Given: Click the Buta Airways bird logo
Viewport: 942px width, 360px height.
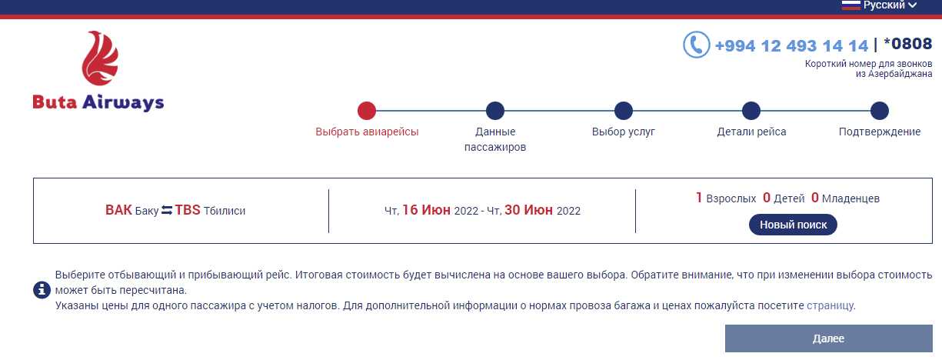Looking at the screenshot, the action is coord(100,58).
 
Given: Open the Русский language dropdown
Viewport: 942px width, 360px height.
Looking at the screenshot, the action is coord(879,5).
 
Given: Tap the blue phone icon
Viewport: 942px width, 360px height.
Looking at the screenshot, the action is coord(697,45).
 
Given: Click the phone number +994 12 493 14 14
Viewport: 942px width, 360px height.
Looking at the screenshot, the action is coord(791,45).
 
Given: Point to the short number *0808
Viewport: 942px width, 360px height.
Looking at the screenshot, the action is coord(908,44).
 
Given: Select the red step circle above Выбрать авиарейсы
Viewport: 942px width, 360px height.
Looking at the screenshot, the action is coord(367,111).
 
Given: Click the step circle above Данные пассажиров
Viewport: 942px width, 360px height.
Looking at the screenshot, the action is coord(495,111).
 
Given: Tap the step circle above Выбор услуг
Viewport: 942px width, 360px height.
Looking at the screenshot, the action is coord(623,111).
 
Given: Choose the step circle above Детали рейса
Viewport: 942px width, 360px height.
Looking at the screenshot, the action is coord(751,111).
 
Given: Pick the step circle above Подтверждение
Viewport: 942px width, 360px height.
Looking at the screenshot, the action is coord(880,111).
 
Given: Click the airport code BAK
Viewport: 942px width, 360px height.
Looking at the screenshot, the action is coord(118,210).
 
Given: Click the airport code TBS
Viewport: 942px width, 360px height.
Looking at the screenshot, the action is coord(188,210).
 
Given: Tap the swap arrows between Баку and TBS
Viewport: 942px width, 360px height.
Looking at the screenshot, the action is coord(167,210).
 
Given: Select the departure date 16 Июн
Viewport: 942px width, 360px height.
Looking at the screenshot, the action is coord(426,210).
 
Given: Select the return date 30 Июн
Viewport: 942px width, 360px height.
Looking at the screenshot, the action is coord(528,210).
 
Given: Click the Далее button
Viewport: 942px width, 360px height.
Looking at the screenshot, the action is coord(828,338).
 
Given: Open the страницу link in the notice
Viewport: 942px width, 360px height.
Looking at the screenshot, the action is coord(830,305).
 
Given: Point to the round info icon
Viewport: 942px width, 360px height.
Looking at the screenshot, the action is coord(42,290).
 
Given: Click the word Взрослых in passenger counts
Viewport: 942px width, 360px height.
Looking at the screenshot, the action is coord(731,198).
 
